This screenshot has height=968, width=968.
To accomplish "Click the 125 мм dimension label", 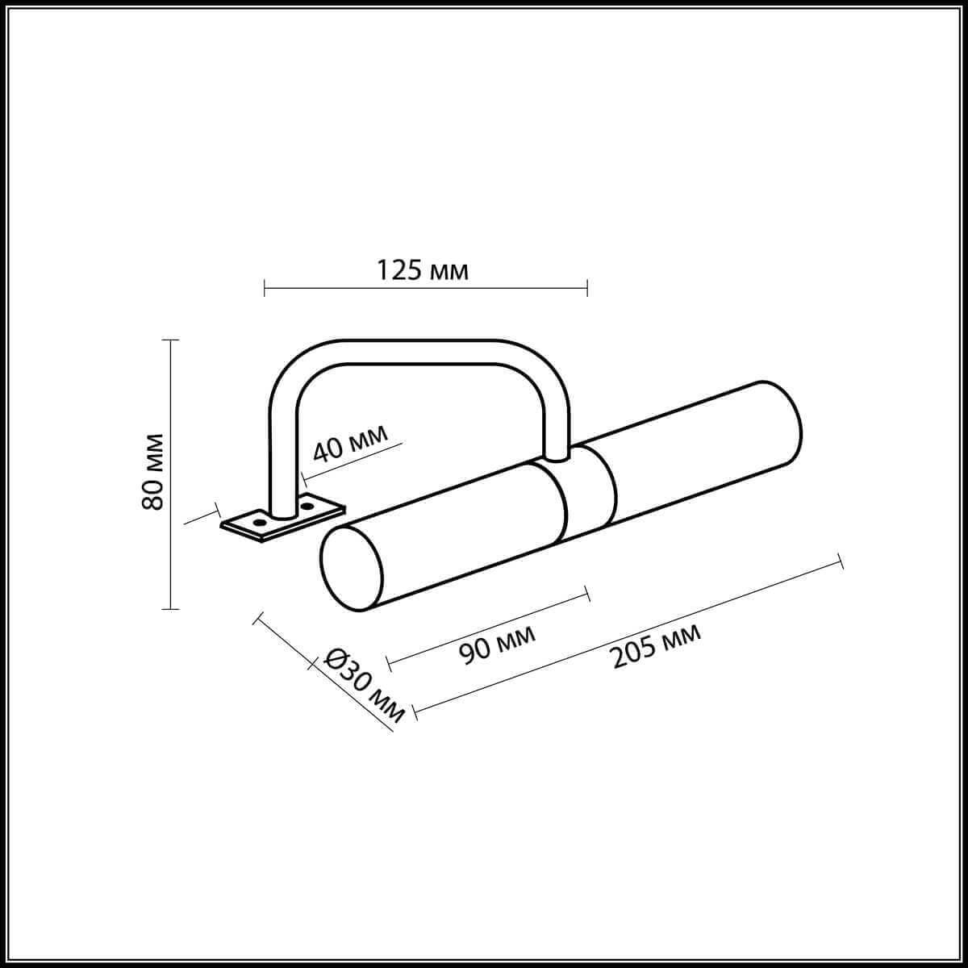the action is pyautogui.click(x=423, y=270).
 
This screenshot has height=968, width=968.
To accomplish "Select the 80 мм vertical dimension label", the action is pyautogui.click(x=152, y=472).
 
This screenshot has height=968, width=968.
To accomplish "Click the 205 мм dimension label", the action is pyautogui.click(x=657, y=645).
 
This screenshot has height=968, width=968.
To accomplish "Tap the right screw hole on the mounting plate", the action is pyautogui.click(x=307, y=505).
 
